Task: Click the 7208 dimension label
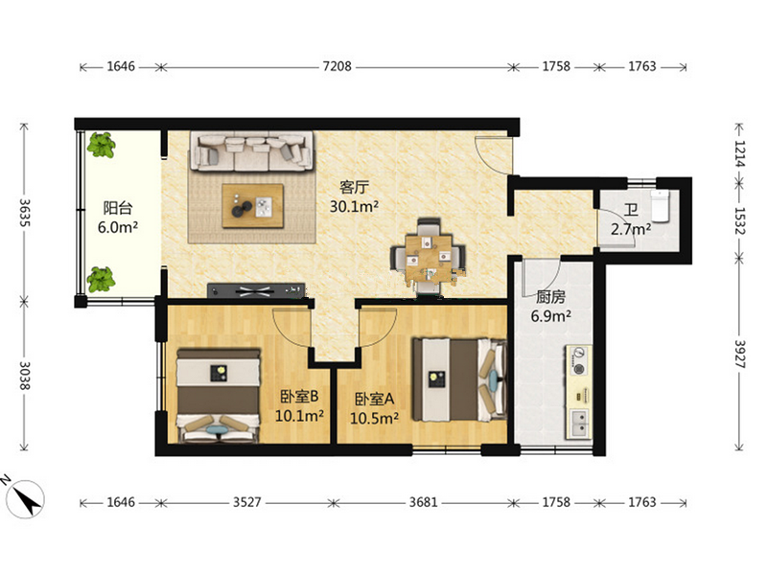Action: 337,66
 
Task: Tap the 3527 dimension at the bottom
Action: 247,502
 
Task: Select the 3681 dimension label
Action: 424,502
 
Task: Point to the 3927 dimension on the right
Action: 739,354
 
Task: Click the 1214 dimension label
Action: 739,153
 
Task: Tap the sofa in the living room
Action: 252,150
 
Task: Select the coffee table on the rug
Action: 253,205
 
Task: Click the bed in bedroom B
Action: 219,395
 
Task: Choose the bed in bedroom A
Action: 458,379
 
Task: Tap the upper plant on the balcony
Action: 102,145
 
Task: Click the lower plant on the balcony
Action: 102,280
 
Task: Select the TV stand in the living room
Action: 256,290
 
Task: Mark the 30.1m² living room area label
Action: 354,206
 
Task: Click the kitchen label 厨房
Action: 550,297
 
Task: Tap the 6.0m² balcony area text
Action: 118,227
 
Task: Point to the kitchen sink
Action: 579,423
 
